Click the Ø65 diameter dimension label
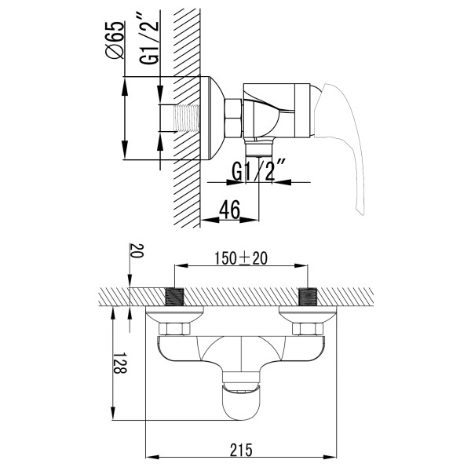point(115,40)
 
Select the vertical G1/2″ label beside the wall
point(148,42)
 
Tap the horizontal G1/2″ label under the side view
point(258,171)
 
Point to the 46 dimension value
point(230,210)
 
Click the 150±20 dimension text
point(241,258)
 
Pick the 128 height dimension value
point(120,363)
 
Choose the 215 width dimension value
point(241,450)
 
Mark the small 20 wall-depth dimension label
point(137,251)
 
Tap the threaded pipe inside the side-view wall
point(188,118)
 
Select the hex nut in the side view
point(234,118)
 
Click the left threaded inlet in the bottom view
point(174,297)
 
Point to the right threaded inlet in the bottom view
point(308,297)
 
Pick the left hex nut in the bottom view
point(174,329)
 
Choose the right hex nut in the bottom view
point(308,329)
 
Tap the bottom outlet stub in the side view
point(259,148)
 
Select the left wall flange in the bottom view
point(174,315)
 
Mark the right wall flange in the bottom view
point(308,315)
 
